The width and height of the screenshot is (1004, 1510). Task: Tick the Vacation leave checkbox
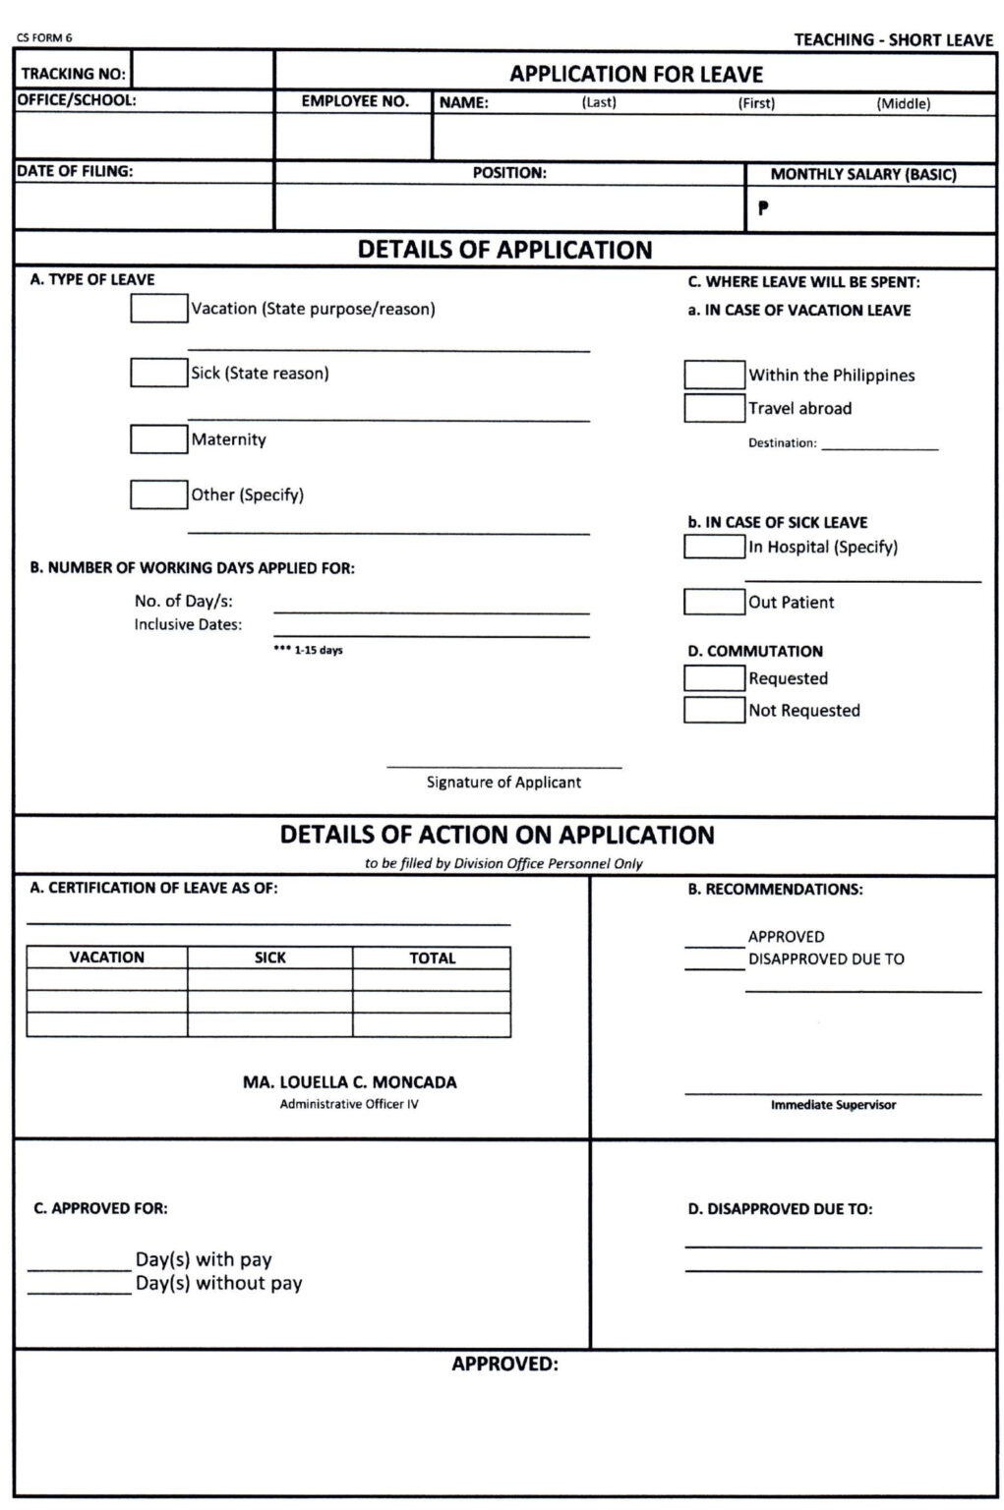click(158, 308)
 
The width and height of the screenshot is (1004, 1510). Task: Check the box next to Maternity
click(158, 438)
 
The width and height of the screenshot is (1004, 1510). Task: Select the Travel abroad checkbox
click(714, 408)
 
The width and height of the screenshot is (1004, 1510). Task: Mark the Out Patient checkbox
click(714, 602)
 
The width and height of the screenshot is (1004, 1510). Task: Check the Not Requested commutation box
click(714, 710)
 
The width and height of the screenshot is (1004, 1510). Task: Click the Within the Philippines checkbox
click(714, 375)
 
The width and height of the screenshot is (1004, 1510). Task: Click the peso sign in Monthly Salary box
click(763, 208)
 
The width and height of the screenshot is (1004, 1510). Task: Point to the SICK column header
click(269, 958)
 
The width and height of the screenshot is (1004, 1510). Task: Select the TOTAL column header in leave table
click(432, 958)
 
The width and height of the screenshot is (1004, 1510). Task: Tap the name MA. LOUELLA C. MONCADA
click(349, 1082)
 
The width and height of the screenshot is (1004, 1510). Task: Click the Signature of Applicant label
click(503, 783)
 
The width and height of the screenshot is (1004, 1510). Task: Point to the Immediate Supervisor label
click(833, 1105)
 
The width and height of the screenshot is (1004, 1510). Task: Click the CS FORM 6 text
click(44, 38)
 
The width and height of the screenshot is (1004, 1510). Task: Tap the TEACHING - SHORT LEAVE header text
click(893, 39)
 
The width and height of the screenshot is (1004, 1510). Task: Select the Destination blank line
click(879, 444)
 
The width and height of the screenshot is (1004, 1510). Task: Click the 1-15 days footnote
click(308, 651)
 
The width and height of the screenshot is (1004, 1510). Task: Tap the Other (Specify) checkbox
click(158, 494)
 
